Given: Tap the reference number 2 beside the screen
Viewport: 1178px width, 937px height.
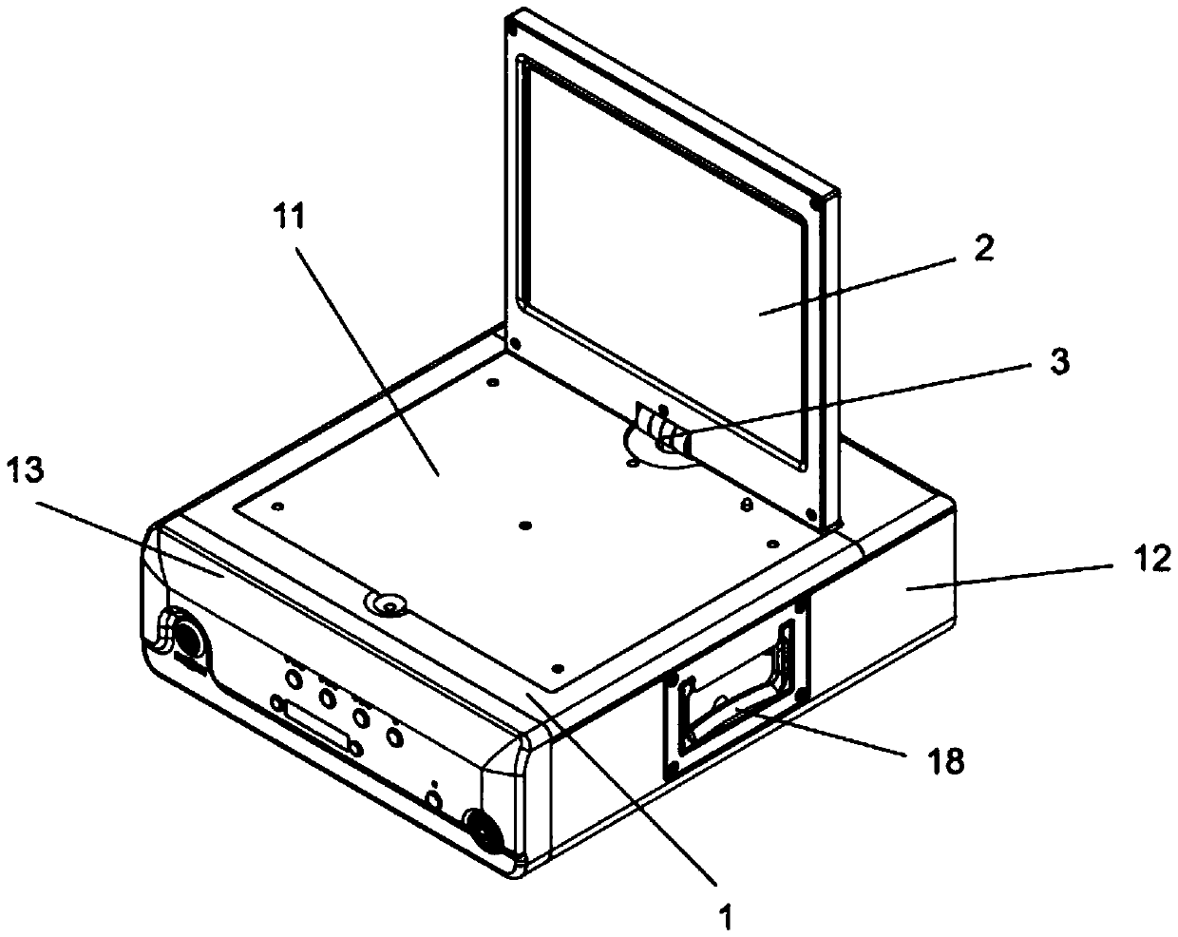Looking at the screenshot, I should [984, 249].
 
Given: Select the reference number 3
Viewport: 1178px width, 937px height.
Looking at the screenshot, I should [1060, 362].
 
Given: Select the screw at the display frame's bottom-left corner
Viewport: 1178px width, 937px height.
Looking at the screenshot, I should [514, 342].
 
